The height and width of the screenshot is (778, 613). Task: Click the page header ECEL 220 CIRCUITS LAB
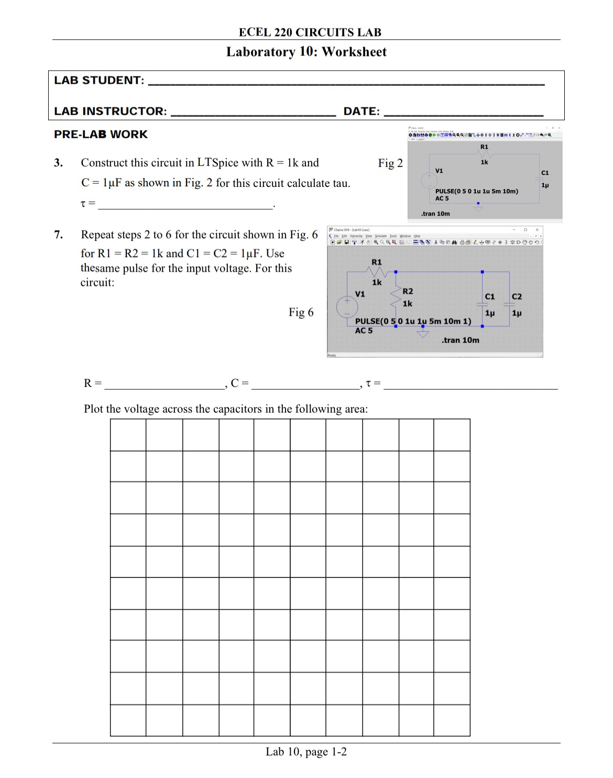click(x=310, y=32)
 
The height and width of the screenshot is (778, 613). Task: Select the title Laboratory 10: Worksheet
click(x=306, y=52)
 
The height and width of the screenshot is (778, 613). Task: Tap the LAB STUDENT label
click(x=99, y=81)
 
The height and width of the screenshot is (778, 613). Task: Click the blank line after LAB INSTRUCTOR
click(x=254, y=112)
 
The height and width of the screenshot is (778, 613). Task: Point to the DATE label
click(x=362, y=112)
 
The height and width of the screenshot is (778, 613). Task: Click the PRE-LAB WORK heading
click(x=101, y=135)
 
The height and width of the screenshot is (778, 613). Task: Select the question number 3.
click(x=59, y=163)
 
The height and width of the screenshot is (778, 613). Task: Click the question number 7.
click(x=59, y=235)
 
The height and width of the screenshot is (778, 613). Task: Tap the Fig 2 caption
click(x=390, y=163)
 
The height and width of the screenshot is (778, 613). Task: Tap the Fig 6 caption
click(x=301, y=313)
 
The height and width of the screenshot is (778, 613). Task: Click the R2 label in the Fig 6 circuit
click(x=408, y=291)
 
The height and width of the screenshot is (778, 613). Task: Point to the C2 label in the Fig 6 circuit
click(x=517, y=296)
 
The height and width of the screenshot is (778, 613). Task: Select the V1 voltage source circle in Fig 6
click(x=347, y=307)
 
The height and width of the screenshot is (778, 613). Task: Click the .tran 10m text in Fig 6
click(x=460, y=340)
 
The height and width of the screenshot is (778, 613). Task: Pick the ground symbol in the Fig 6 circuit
click(x=423, y=333)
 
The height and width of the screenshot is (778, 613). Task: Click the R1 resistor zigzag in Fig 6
click(x=377, y=272)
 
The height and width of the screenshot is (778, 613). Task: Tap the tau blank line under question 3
click(x=186, y=205)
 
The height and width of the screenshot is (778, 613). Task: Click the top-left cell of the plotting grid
click(x=128, y=435)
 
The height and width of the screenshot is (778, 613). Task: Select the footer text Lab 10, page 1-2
click(x=306, y=752)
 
